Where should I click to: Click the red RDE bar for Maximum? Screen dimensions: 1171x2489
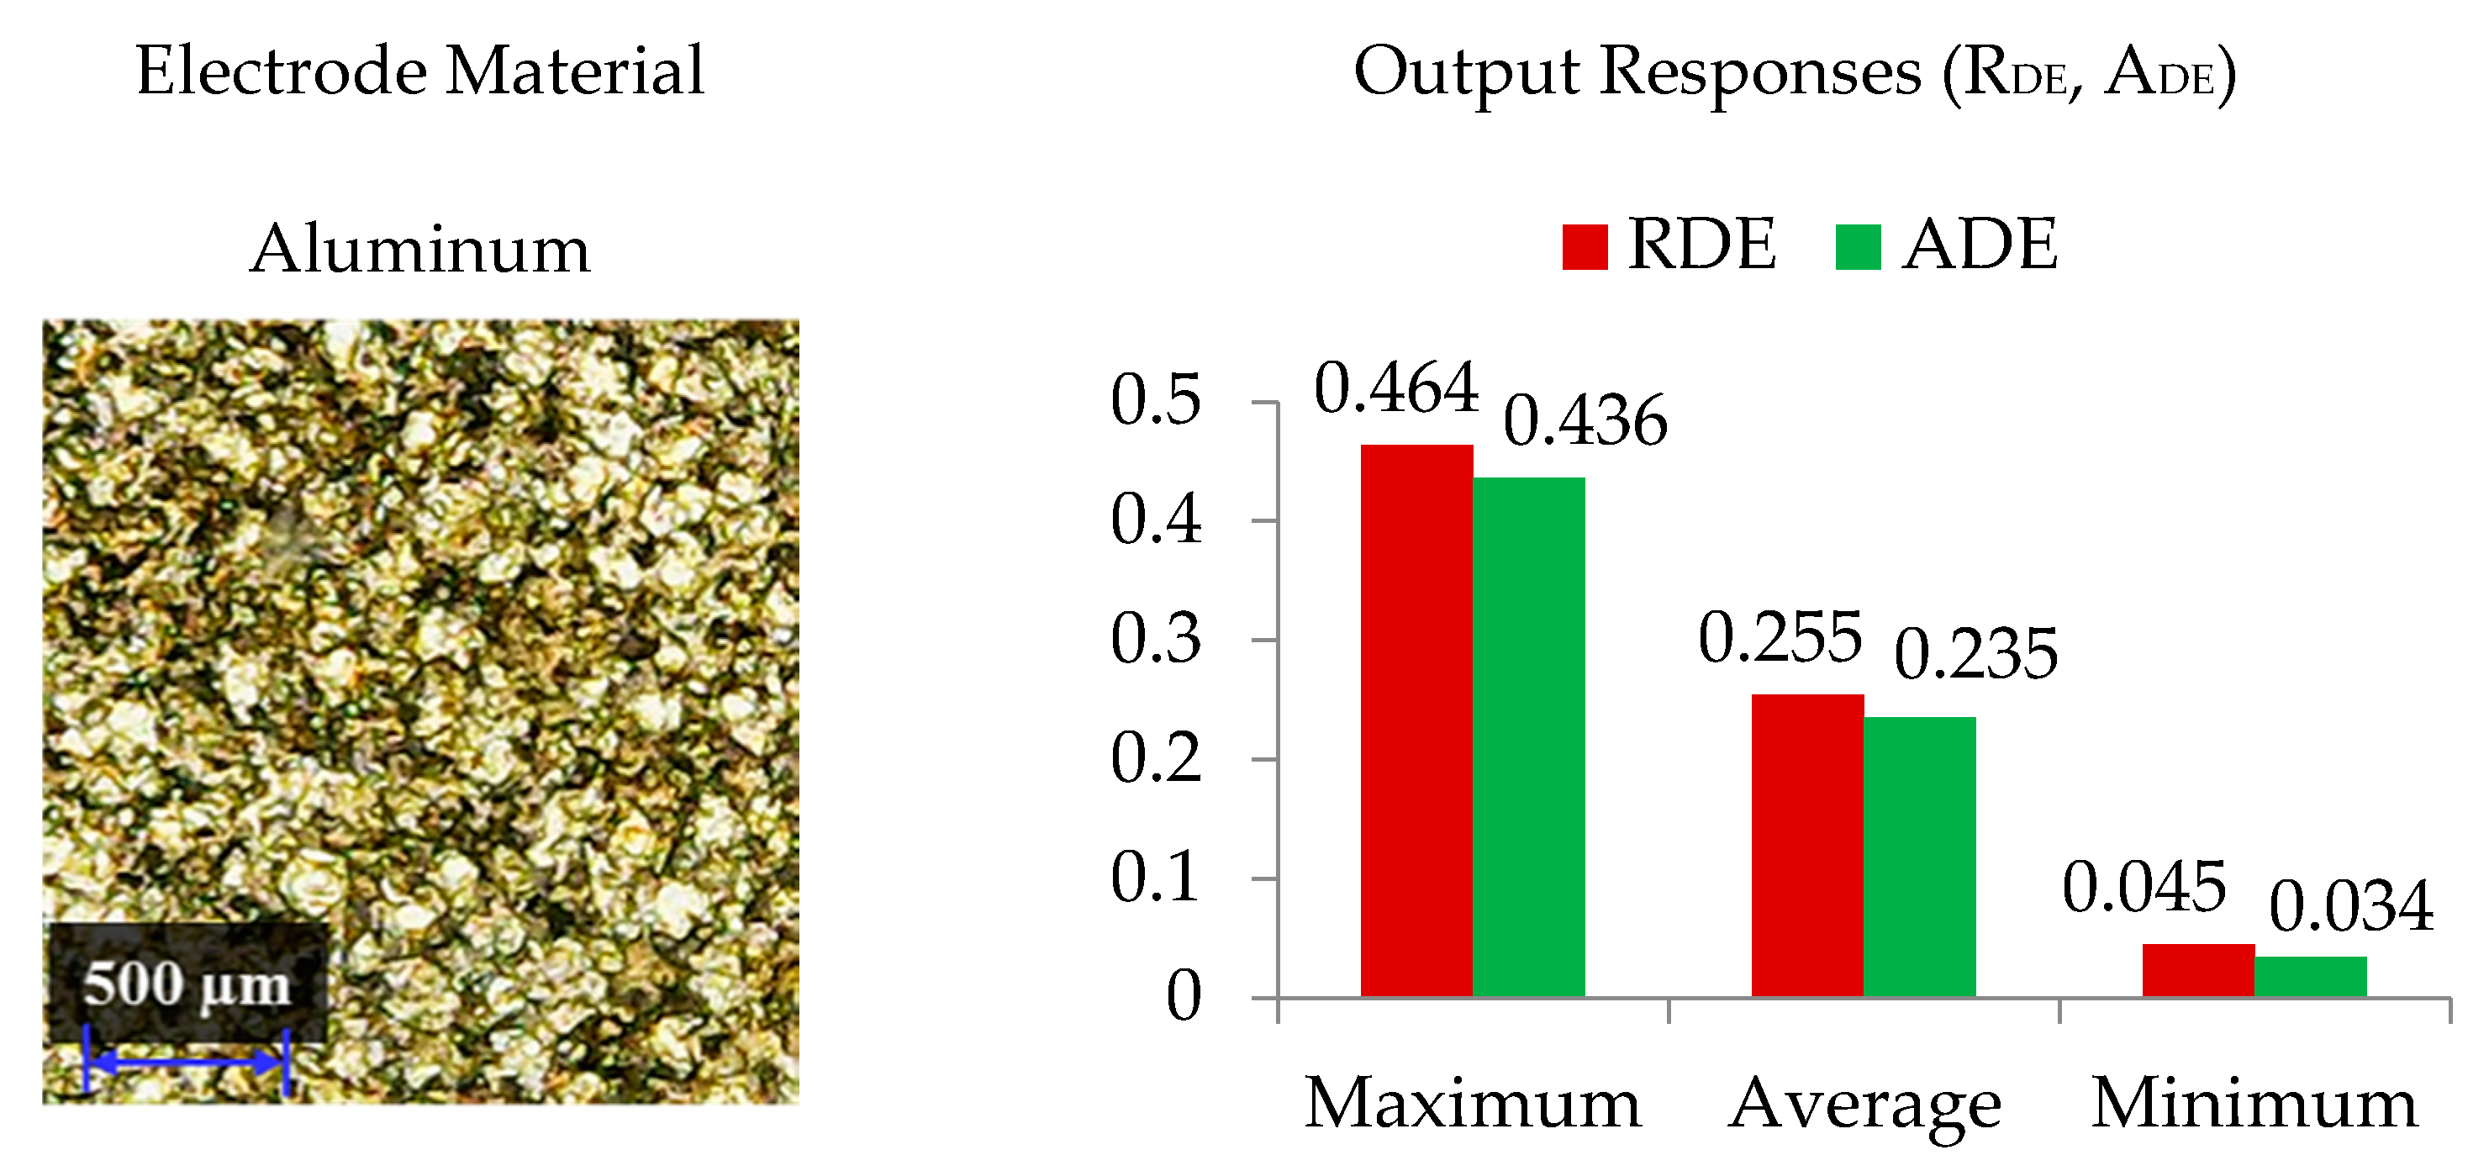point(1416,720)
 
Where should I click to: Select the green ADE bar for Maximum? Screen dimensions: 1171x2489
point(1528,736)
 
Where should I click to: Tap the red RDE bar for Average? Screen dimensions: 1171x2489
point(1806,846)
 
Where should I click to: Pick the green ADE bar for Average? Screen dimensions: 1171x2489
point(1919,856)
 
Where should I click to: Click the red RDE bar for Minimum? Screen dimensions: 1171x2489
point(2198,970)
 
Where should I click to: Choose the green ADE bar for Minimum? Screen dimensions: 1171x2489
point(2310,976)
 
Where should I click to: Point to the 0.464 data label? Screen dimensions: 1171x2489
point(1396,388)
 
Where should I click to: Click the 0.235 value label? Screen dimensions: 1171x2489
point(1976,655)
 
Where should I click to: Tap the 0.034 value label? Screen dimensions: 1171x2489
point(2351,907)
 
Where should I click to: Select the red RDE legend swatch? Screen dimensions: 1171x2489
point(1585,246)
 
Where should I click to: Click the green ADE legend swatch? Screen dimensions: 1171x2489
point(1857,246)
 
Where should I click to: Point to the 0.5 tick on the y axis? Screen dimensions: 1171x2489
point(1156,400)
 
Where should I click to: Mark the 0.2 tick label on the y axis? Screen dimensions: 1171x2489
point(1156,758)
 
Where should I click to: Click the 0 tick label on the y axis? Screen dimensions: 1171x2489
point(1183,996)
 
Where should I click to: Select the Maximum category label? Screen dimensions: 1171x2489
point(1473,1104)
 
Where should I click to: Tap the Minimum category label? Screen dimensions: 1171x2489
point(2254,1104)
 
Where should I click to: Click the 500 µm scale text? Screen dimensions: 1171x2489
point(187,985)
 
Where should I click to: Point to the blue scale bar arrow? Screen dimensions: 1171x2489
point(187,1062)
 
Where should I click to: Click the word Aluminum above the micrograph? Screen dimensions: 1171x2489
point(419,250)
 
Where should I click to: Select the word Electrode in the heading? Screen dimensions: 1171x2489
point(280,71)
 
